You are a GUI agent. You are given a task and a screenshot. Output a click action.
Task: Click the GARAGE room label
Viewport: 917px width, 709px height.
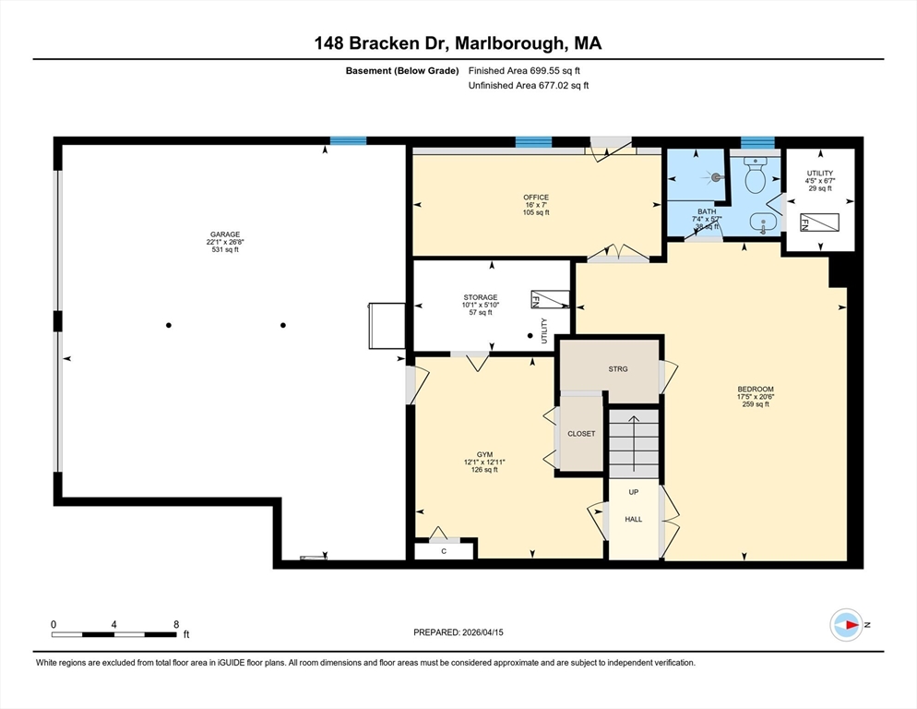tap(225, 234)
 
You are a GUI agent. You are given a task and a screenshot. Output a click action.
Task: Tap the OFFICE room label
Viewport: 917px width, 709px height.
tap(536, 198)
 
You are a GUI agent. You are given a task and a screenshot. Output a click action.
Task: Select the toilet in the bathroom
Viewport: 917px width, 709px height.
tap(755, 174)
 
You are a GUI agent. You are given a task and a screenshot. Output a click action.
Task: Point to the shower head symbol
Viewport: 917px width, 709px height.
tap(716, 176)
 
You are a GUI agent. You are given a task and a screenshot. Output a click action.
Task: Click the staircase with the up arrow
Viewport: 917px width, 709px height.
tap(634, 443)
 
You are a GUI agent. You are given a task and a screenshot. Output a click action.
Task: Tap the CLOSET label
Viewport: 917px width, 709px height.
tap(581, 434)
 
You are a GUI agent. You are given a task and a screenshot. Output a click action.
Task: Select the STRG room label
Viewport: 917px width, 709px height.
tap(618, 369)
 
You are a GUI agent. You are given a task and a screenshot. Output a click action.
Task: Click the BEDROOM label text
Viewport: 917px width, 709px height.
tap(756, 389)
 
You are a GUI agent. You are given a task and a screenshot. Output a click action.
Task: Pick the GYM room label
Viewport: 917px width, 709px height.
tap(485, 454)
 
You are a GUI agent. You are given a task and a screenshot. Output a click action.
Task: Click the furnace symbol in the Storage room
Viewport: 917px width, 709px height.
tap(551, 300)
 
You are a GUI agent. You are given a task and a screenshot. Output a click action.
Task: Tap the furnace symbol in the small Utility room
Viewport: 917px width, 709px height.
tap(819, 222)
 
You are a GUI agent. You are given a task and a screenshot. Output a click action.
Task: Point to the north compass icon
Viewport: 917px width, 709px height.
tap(847, 625)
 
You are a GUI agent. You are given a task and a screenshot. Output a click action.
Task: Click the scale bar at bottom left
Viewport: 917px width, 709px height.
tap(114, 634)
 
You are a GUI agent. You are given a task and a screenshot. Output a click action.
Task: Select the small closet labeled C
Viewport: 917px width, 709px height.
tap(444, 551)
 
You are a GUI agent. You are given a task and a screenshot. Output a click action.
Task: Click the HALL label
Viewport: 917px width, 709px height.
tap(634, 520)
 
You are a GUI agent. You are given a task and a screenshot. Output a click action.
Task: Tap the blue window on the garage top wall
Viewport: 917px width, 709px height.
tap(348, 140)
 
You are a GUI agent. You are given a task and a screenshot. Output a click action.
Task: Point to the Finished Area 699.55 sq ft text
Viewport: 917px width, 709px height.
tap(524, 71)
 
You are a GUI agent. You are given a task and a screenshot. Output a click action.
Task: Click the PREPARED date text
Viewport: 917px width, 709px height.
tap(458, 632)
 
